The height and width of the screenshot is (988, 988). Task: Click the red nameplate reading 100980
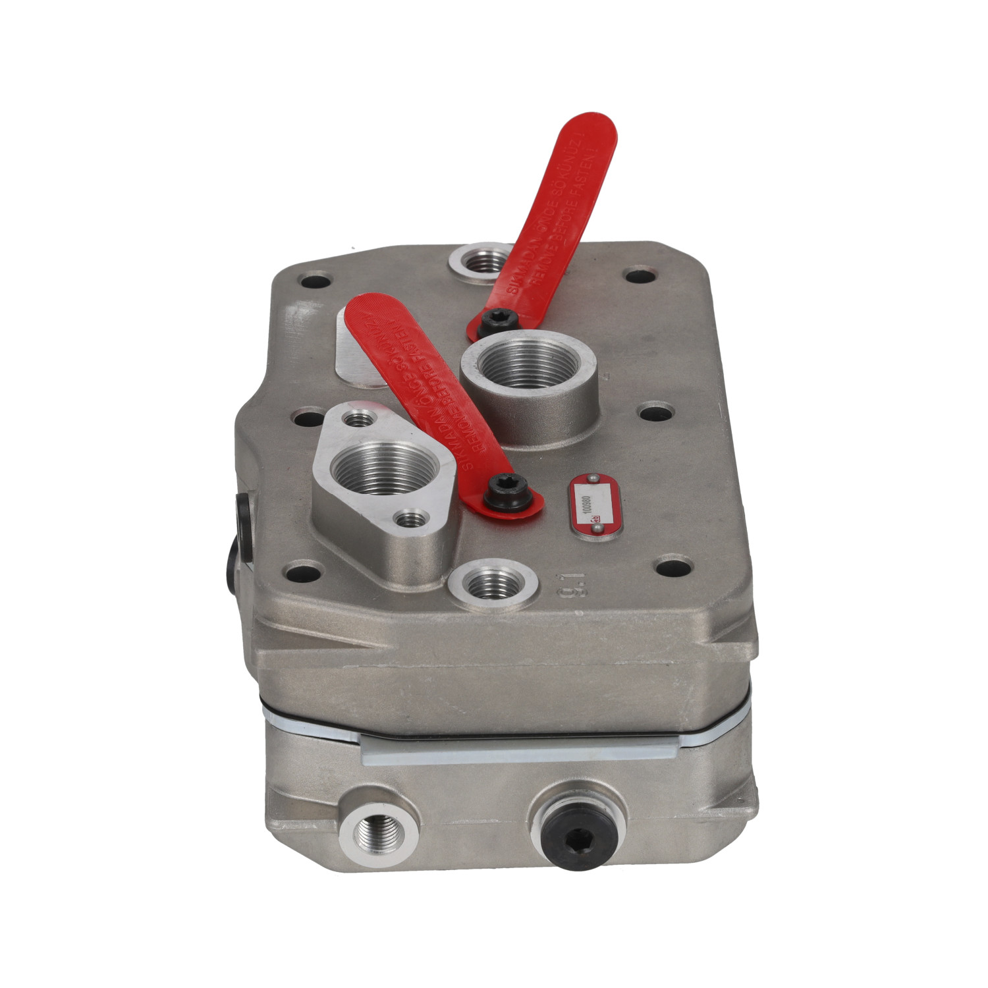coord(595,505)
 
